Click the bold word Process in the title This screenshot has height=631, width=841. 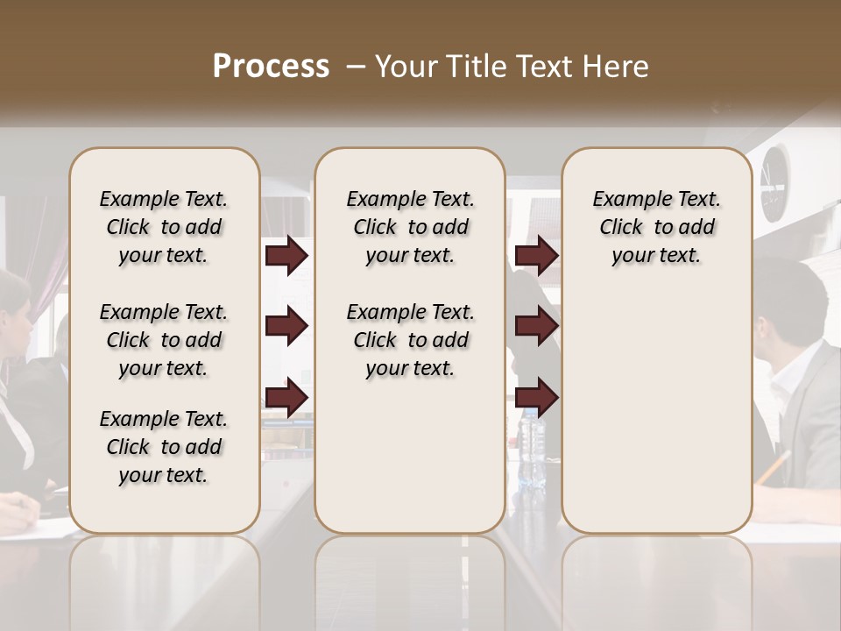pyautogui.click(x=271, y=67)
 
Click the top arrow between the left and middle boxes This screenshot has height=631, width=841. pyautogui.click(x=286, y=256)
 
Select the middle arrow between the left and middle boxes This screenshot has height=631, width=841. pyautogui.click(x=286, y=326)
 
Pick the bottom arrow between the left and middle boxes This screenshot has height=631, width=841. pyautogui.click(x=286, y=398)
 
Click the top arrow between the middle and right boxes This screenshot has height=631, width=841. pyautogui.click(x=536, y=256)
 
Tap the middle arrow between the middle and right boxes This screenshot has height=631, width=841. pyautogui.click(x=536, y=326)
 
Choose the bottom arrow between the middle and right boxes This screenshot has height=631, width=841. pyautogui.click(x=536, y=398)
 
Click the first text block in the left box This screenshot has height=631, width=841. pyautogui.click(x=164, y=227)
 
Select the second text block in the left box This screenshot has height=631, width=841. pyautogui.click(x=164, y=340)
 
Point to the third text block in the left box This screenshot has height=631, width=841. pyautogui.click(x=164, y=447)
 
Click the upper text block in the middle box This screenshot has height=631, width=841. pyautogui.click(x=411, y=227)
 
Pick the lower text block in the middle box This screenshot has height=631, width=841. pyautogui.click(x=411, y=340)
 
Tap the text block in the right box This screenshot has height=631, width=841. pyautogui.click(x=657, y=227)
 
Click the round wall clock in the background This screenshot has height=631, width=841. pyautogui.click(x=774, y=182)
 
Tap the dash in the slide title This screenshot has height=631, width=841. pyautogui.click(x=357, y=67)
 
